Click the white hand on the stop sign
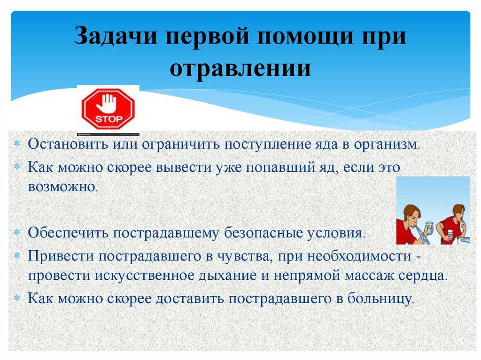(107, 103)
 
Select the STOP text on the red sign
(109, 119)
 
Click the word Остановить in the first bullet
(68, 144)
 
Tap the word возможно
(62, 187)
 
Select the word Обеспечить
(68, 233)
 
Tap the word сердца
(423, 276)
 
